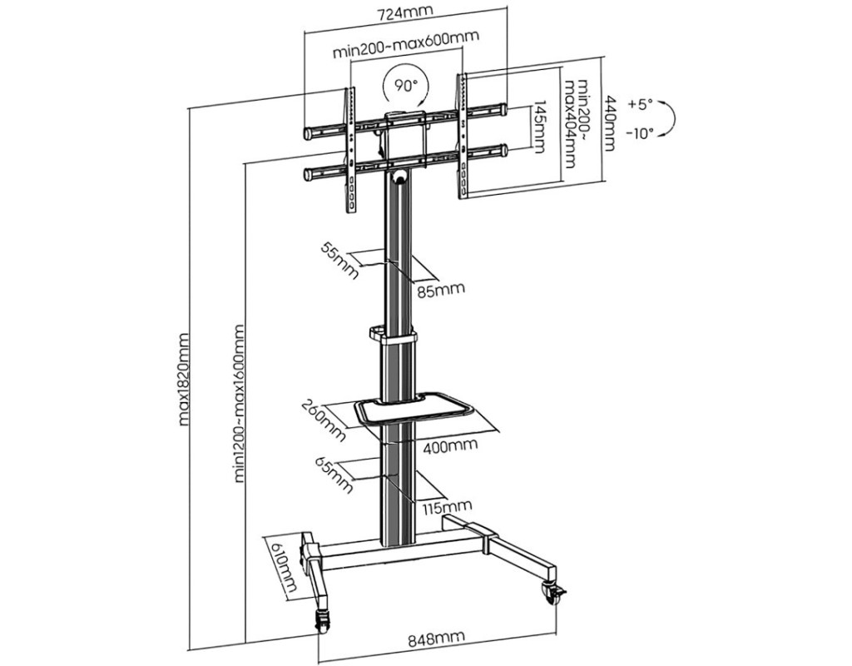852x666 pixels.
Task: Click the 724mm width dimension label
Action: coord(405,15)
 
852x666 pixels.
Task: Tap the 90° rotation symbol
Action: coord(404,85)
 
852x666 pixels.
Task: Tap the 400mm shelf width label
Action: coord(449,445)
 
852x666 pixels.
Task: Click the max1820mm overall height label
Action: coord(185,379)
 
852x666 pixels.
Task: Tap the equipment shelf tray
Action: coord(414,410)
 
